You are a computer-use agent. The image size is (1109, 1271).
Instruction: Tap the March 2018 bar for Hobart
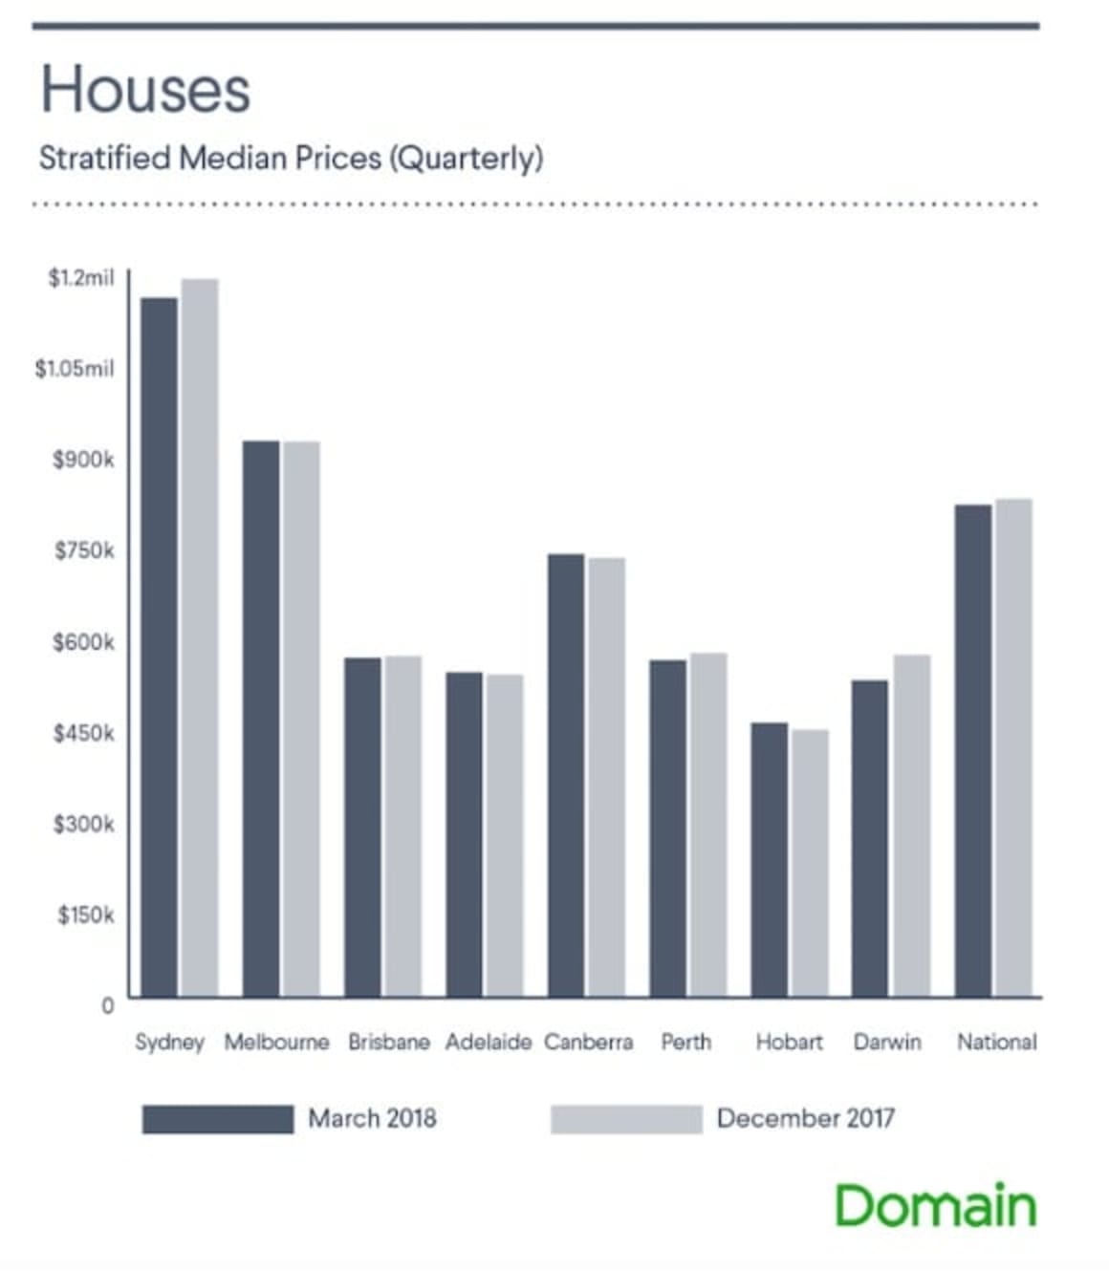(769, 860)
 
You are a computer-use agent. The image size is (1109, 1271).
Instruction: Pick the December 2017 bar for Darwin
(911, 826)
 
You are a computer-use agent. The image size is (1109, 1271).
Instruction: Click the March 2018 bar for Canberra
(566, 775)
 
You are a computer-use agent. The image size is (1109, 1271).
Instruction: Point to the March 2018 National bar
(973, 750)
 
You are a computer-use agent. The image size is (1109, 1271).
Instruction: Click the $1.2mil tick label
(80, 278)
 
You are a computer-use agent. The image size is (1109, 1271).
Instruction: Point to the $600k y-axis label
(83, 642)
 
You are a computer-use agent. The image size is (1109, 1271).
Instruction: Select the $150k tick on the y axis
(85, 916)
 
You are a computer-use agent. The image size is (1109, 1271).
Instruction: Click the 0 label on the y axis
(107, 1005)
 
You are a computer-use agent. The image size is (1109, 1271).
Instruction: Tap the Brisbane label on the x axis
(388, 1042)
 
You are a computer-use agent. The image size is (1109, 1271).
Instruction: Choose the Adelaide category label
(488, 1042)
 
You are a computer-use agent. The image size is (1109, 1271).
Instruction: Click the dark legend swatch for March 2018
(218, 1119)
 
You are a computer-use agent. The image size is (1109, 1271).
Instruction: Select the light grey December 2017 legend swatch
(626, 1119)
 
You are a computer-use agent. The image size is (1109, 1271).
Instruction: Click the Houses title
(145, 91)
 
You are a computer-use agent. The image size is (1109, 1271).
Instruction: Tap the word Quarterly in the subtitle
(467, 158)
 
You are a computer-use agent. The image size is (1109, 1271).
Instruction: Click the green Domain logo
(935, 1206)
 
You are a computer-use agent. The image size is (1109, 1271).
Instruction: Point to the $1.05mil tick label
(75, 369)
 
